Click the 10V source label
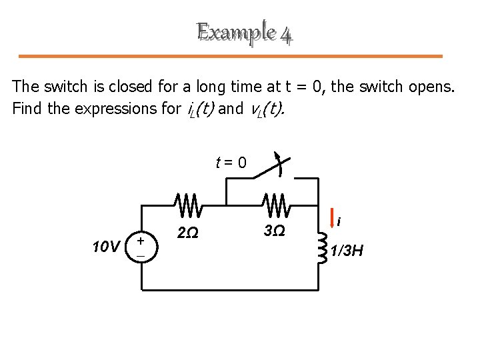105,247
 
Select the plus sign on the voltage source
140,239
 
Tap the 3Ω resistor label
274,232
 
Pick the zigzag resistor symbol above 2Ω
189,205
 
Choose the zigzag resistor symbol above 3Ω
275,205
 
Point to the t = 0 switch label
231,162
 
